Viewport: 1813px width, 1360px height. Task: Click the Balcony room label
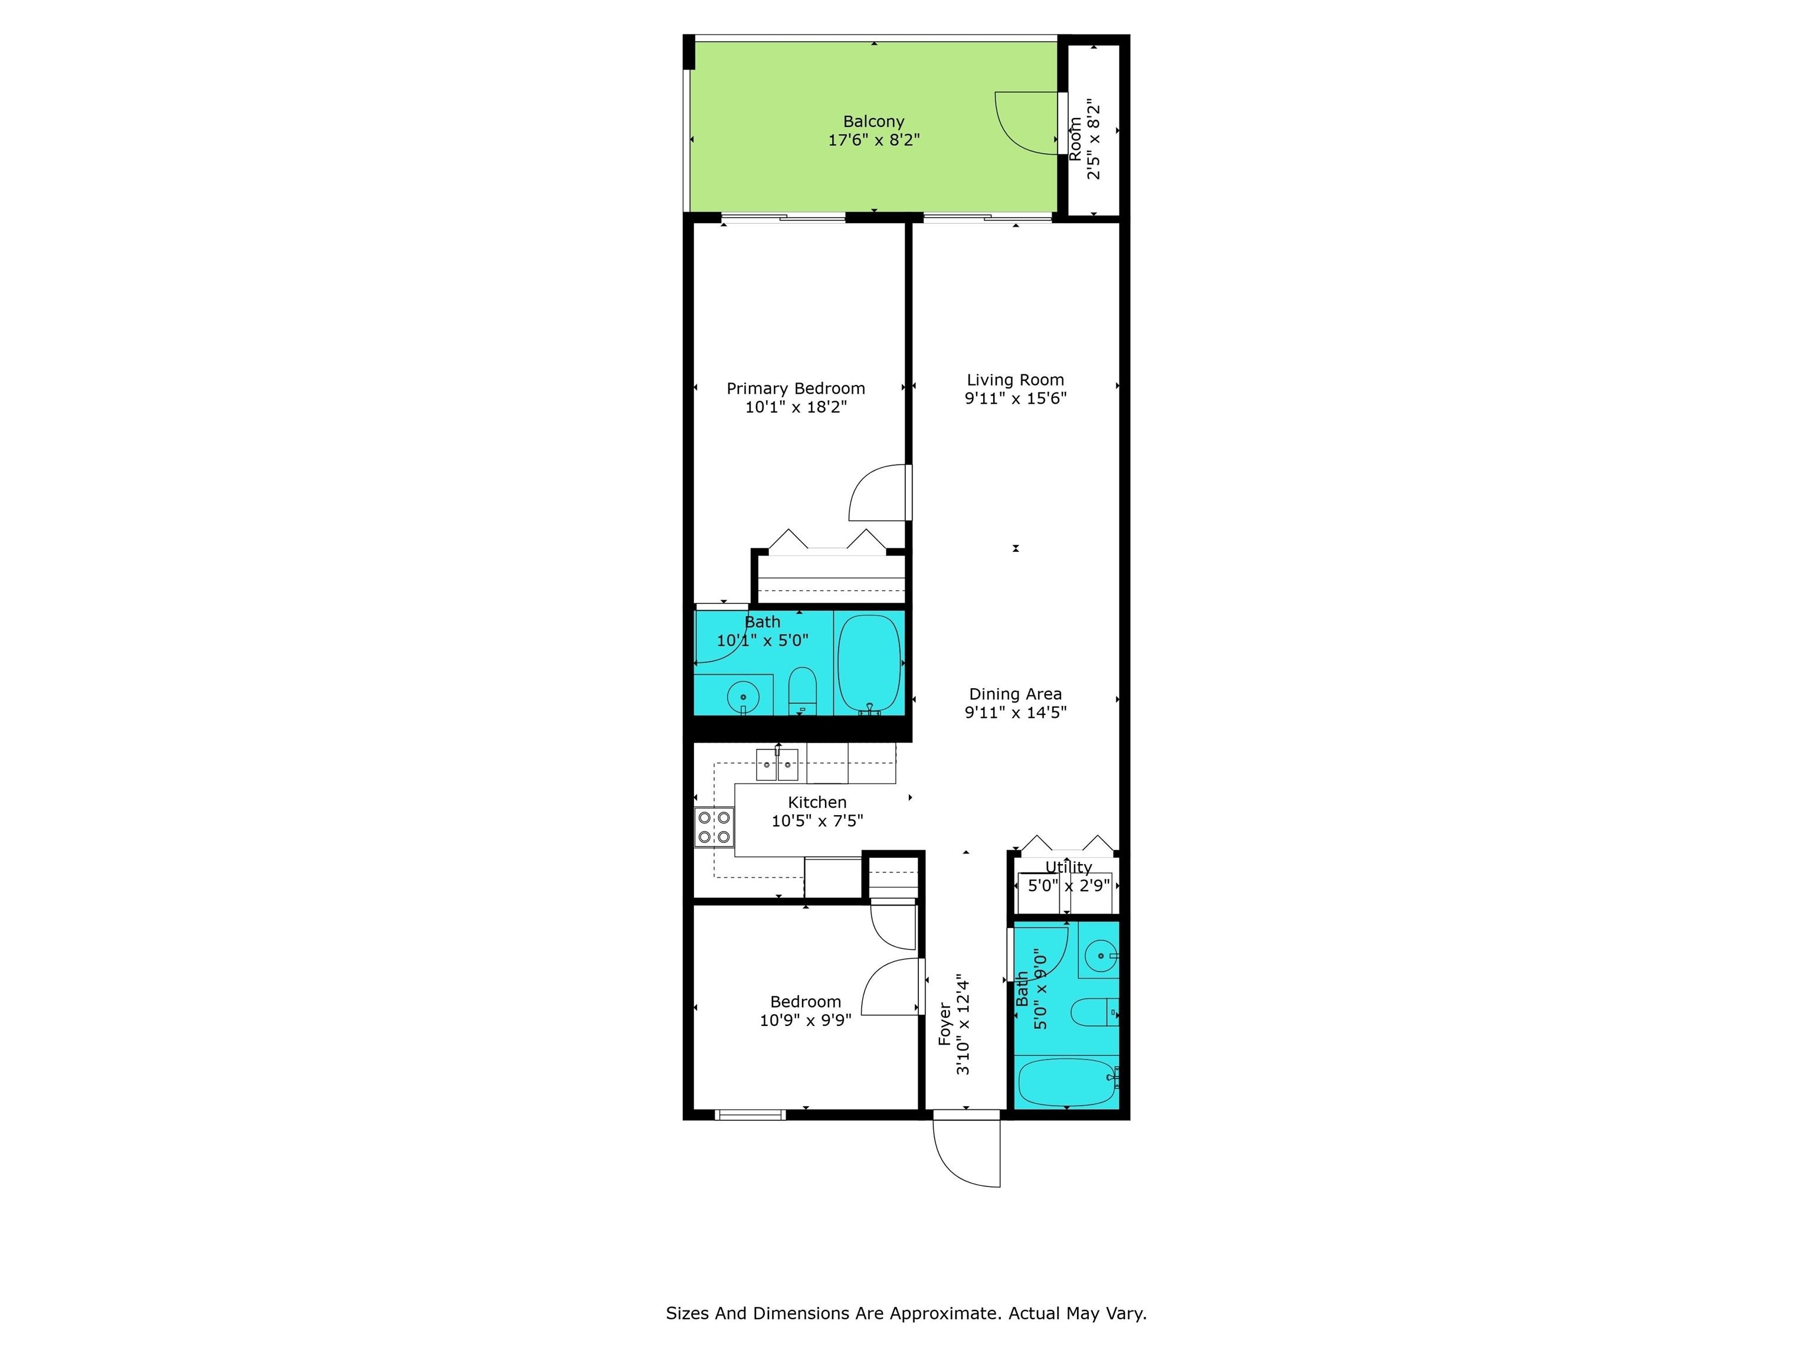(873, 122)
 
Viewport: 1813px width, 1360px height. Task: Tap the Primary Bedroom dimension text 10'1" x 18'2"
(796, 407)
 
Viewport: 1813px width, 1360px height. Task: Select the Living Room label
(1016, 380)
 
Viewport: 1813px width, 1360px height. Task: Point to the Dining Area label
(1016, 694)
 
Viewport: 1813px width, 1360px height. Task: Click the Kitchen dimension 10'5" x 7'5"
(817, 820)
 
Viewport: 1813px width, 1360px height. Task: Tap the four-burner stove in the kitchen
(714, 827)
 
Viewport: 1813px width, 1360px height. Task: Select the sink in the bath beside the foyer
(1100, 956)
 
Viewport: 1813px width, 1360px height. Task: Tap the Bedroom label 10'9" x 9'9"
(806, 1011)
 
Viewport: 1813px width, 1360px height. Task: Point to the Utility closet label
(1069, 867)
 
